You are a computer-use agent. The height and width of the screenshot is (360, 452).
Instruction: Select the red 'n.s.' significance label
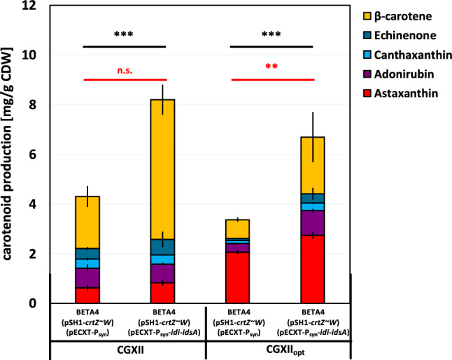click(x=126, y=70)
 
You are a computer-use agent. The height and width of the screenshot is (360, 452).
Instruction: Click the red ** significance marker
click(x=273, y=68)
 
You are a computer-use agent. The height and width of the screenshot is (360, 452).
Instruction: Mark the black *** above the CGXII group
click(x=125, y=34)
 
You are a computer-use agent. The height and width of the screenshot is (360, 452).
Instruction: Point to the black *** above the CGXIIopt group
click(x=273, y=34)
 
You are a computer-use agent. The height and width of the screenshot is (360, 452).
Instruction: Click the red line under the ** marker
click(x=273, y=80)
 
